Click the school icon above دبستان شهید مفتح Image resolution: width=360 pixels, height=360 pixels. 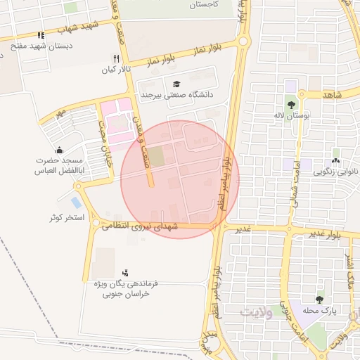tap(41, 35)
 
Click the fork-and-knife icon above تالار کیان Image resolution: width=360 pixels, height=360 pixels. tap(117, 58)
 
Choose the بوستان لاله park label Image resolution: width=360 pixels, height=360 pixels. tap(291, 115)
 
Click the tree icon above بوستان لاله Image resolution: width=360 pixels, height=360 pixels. tap(290, 104)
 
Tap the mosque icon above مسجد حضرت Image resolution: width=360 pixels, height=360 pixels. tap(58, 150)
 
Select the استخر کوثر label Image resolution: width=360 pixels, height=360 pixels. tap(67, 218)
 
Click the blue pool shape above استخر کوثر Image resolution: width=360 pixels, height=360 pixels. tap(76, 203)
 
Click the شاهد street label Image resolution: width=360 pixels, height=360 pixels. tap(331, 94)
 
